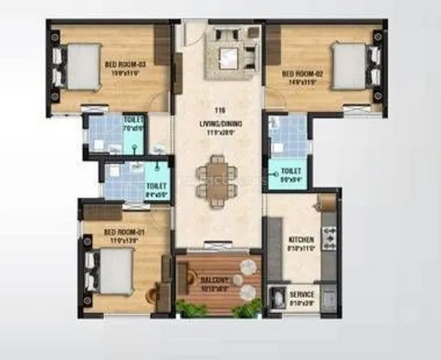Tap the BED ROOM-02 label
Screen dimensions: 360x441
[300, 65]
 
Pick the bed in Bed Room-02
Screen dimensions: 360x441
[351, 66]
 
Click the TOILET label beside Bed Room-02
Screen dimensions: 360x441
[291, 171]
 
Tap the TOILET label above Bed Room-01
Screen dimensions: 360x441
[155, 185]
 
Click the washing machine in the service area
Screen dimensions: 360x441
[279, 296]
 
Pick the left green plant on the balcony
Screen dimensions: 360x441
[191, 309]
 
